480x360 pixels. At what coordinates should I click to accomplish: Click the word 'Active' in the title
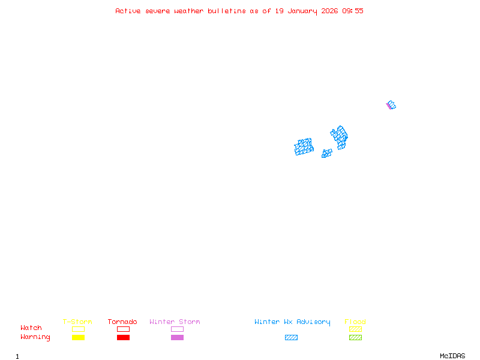click(x=128, y=11)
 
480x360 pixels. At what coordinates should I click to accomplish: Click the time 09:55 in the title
click(x=353, y=11)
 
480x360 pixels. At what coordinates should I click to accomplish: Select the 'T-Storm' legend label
click(x=77, y=322)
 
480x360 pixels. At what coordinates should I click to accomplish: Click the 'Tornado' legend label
click(x=122, y=322)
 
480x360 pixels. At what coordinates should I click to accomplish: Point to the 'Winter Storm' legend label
click(x=175, y=322)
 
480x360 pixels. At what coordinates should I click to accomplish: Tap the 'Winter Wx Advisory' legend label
click(x=292, y=322)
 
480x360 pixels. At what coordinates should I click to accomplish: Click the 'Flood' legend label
click(x=355, y=322)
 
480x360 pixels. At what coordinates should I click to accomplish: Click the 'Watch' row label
click(x=31, y=328)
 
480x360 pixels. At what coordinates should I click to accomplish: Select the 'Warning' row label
click(x=35, y=337)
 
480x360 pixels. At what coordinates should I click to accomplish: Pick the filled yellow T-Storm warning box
click(x=78, y=337)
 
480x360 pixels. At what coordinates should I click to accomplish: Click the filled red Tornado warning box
click(x=123, y=337)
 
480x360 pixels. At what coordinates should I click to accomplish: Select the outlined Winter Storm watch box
click(x=177, y=329)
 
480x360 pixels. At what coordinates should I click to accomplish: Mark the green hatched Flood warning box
click(x=355, y=337)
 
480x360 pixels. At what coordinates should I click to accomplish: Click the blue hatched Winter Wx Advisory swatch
click(x=291, y=337)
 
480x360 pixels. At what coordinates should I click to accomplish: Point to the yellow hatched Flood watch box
click(x=355, y=329)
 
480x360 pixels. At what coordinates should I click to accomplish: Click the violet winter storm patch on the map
click(x=388, y=106)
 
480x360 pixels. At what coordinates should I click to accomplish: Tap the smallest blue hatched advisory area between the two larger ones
click(x=326, y=154)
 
